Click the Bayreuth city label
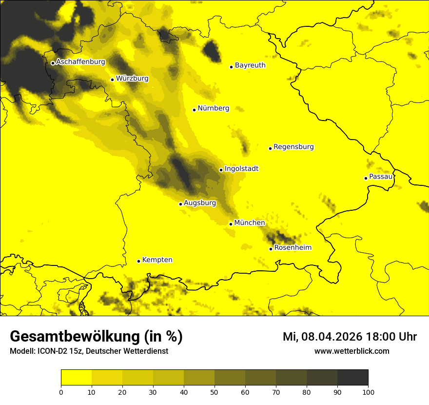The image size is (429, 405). point(250,65)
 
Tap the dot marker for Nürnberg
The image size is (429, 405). point(194,110)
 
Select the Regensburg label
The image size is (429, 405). point(293,146)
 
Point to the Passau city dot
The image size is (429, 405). point(366,178)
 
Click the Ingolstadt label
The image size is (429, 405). point(241,168)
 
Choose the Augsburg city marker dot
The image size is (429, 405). point(180,204)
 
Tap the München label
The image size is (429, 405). point(250,223)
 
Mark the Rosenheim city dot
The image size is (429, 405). point(271,249)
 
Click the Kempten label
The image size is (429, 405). point(157,260)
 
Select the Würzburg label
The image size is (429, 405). point(132,78)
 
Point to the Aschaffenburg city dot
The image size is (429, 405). point(53,63)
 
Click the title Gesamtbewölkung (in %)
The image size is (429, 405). point(96,337)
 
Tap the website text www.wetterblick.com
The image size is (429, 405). point(351,351)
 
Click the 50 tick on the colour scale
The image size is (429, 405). point(214,391)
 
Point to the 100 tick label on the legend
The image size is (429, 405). point(368,391)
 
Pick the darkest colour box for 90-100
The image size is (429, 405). point(352,378)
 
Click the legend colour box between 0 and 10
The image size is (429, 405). point(76,378)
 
